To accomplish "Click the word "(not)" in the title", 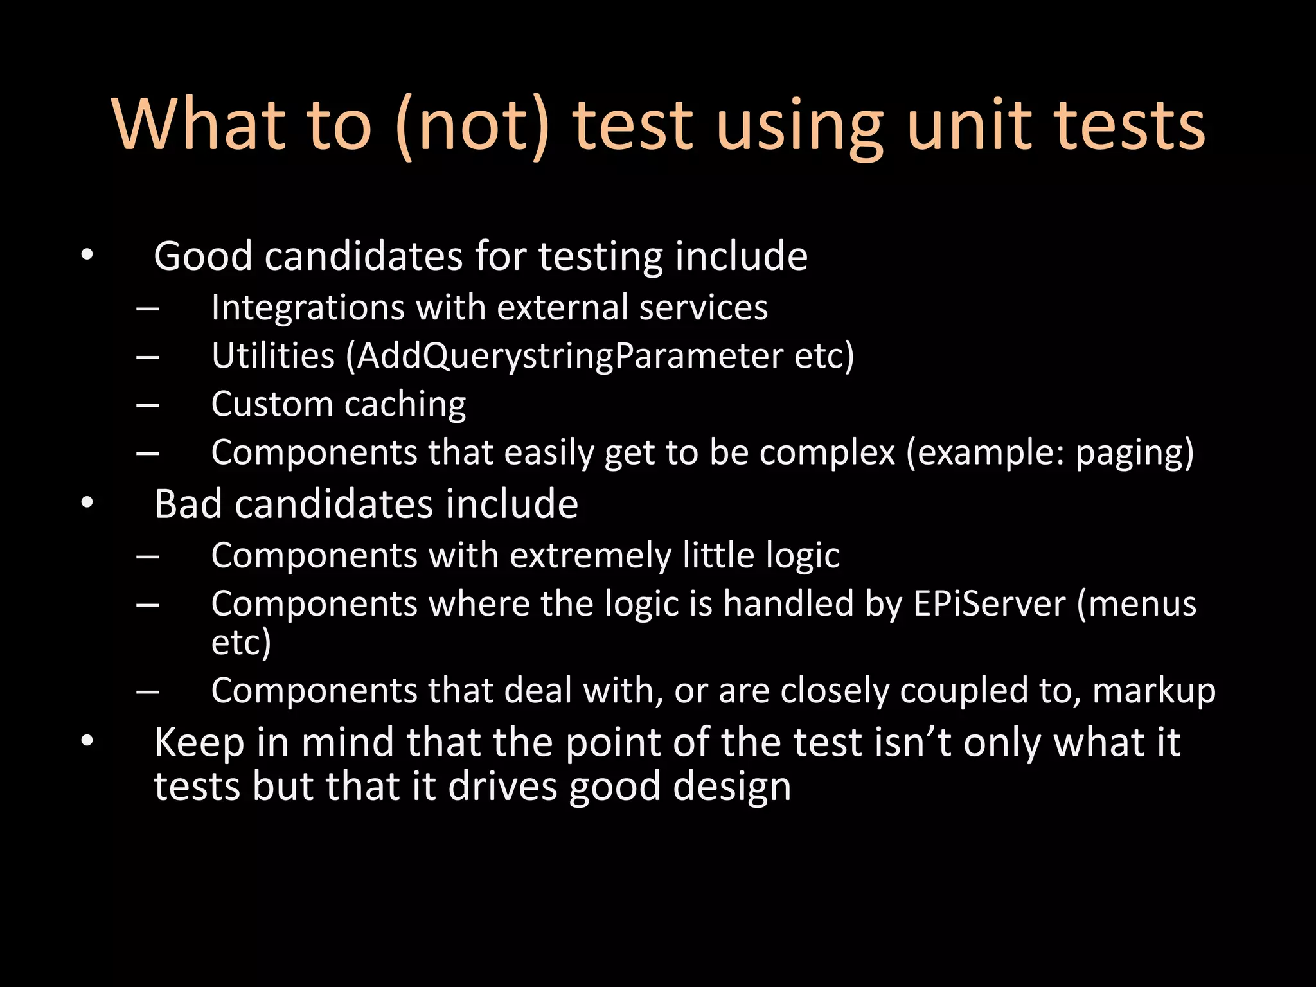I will [473, 126].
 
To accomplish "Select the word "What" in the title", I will [199, 126].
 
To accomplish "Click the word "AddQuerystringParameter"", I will [569, 356].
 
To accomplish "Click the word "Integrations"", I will [307, 307].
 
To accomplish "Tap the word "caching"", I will [405, 405].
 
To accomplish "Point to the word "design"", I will [732, 787].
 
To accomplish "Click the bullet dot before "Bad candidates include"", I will [87, 503].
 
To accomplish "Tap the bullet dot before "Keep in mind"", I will [87, 742].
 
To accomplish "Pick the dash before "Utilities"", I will [148, 357].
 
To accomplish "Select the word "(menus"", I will [1137, 604].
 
